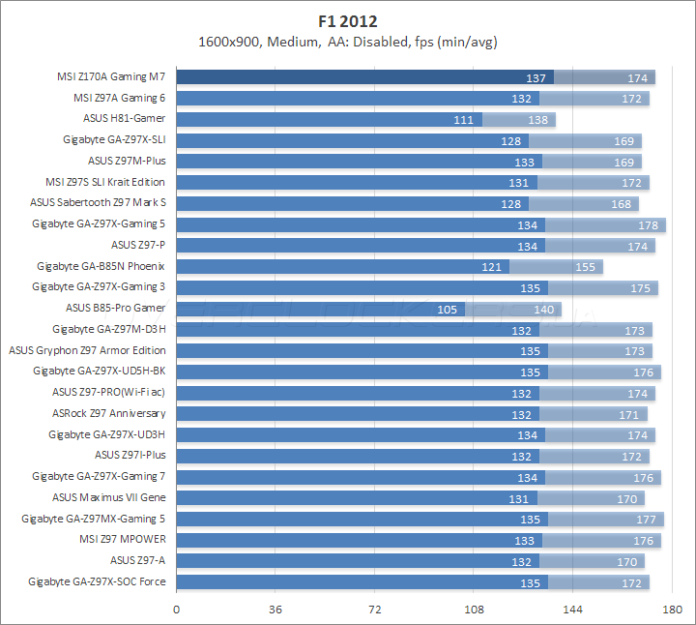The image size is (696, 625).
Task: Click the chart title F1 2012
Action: pyautogui.click(x=348, y=20)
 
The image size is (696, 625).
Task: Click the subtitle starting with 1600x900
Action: pyautogui.click(x=348, y=42)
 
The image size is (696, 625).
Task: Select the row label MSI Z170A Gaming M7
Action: pyautogui.click(x=111, y=76)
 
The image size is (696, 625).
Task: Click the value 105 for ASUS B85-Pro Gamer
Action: pyautogui.click(x=449, y=309)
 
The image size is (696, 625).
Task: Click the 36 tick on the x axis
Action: pyautogui.click(x=275, y=610)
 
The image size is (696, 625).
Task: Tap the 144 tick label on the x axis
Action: pyautogui.click(x=573, y=610)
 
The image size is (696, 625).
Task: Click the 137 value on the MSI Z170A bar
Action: pyautogui.click(x=536, y=77)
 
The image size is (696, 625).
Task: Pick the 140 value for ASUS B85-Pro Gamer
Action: pyautogui.click(x=545, y=309)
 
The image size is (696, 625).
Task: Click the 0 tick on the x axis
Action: pyautogui.click(x=176, y=610)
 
